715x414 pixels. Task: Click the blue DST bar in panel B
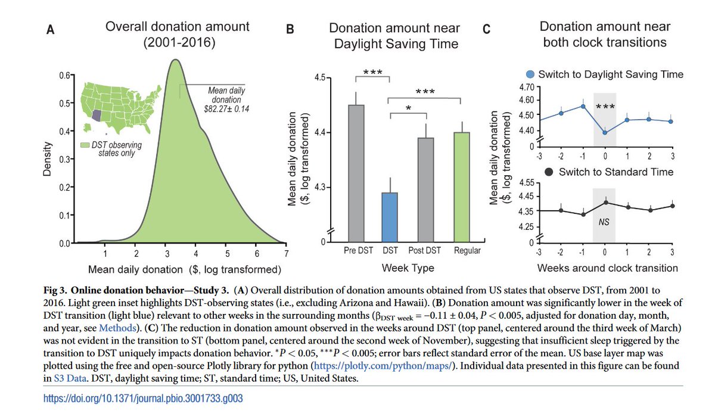[x=390, y=217]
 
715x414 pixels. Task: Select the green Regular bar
[x=462, y=188]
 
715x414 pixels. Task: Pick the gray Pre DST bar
[x=356, y=173]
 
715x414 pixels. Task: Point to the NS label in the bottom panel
[x=603, y=221]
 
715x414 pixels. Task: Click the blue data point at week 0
[x=604, y=132]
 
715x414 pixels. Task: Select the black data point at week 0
[x=604, y=203]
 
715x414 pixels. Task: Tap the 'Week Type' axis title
[x=408, y=268]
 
